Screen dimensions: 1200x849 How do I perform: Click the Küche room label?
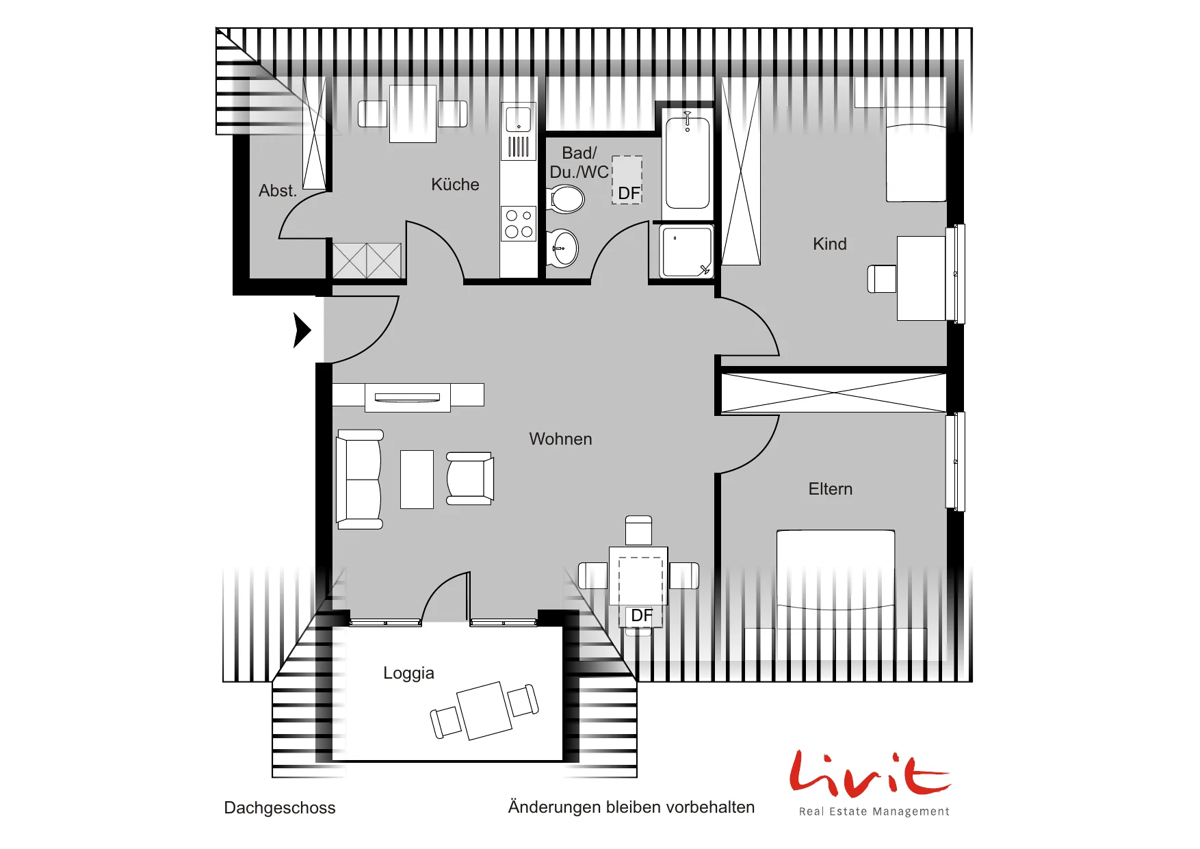455,185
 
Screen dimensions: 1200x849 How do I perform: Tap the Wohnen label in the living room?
560,439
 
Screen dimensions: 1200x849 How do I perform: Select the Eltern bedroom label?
831,489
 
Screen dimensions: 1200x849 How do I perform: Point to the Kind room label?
830,244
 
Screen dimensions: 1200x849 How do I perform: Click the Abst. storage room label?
278,191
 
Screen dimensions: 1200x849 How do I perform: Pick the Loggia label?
408,673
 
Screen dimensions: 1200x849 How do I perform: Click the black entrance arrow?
302,330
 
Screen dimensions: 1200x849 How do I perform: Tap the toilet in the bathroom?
566,199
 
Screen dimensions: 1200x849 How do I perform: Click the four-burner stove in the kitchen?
519,224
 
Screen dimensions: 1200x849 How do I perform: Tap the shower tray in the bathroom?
686,252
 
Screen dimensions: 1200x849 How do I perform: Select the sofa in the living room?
359,480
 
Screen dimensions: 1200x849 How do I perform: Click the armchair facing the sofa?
470,478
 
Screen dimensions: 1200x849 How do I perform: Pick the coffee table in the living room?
417,480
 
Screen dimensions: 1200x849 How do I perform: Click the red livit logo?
870,774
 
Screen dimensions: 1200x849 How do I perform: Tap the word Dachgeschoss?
280,808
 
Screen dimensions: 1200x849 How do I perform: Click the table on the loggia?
484,711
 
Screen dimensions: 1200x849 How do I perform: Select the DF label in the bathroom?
629,194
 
